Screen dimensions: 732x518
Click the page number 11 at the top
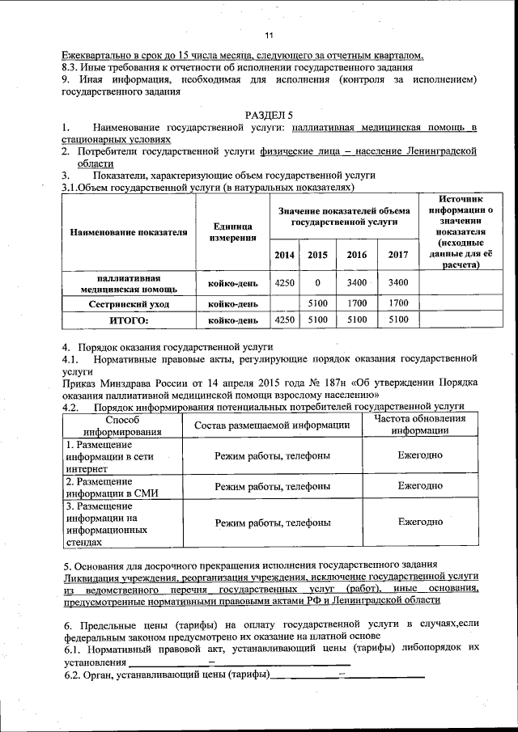tap(269, 34)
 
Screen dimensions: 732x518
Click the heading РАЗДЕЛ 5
tap(269, 115)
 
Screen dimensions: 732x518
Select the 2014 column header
tap(284, 255)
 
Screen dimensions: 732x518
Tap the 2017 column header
tap(397, 255)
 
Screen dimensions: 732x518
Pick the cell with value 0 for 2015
tap(317, 282)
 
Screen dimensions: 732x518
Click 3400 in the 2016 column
tap(356, 282)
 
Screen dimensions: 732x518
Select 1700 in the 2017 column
tap(397, 303)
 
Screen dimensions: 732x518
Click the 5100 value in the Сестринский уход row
tap(317, 303)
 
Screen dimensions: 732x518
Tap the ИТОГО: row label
tap(129, 320)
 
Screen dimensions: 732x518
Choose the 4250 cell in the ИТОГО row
tap(284, 320)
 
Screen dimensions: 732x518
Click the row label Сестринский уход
tap(129, 303)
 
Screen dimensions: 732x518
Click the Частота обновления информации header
tap(419, 425)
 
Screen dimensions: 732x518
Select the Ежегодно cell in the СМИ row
tap(419, 485)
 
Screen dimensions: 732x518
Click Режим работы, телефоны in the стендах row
tap(272, 523)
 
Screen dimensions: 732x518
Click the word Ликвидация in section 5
tap(91, 577)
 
